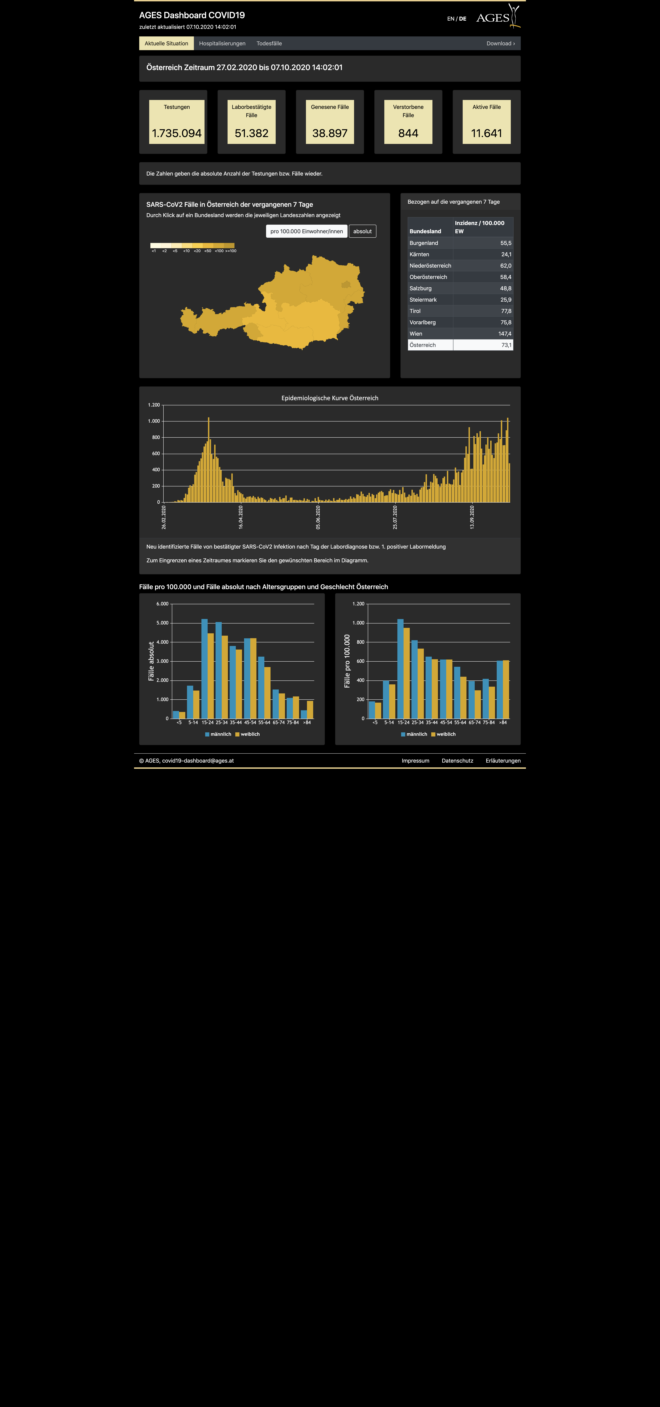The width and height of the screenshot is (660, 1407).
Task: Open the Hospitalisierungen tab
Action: (222, 44)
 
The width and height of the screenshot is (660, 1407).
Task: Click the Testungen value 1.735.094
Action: (177, 133)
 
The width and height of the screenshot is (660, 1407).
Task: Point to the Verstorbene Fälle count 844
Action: (408, 133)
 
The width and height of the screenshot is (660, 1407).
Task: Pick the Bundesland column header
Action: (425, 232)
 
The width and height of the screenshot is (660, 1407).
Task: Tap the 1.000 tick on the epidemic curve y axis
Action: (154, 421)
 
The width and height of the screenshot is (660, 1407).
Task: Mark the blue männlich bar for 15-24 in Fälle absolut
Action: (204, 668)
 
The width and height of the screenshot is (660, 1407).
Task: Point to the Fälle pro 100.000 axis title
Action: (347, 661)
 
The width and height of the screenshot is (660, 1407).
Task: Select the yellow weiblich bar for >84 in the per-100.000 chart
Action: (506, 689)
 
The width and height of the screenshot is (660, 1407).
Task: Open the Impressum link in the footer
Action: (415, 761)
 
